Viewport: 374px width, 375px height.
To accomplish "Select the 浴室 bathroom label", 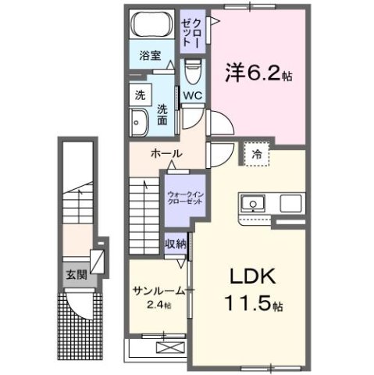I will pyautogui.click(x=150, y=55).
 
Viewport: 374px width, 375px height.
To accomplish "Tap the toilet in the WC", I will pyautogui.click(x=193, y=74).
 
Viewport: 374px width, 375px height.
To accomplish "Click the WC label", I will pyautogui.click(x=192, y=96).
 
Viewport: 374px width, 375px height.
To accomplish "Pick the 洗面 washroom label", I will pyautogui.click(x=162, y=114).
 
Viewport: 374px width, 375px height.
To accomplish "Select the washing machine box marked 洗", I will pyautogui.click(x=140, y=96).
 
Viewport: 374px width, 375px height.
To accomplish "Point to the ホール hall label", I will pyautogui.click(x=166, y=154).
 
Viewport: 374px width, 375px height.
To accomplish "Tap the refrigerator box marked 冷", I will pyautogui.click(x=257, y=154).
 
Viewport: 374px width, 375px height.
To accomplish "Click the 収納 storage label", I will pyautogui.click(x=176, y=244).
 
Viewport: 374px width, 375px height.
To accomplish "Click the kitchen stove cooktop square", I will pyautogui.click(x=291, y=205).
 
